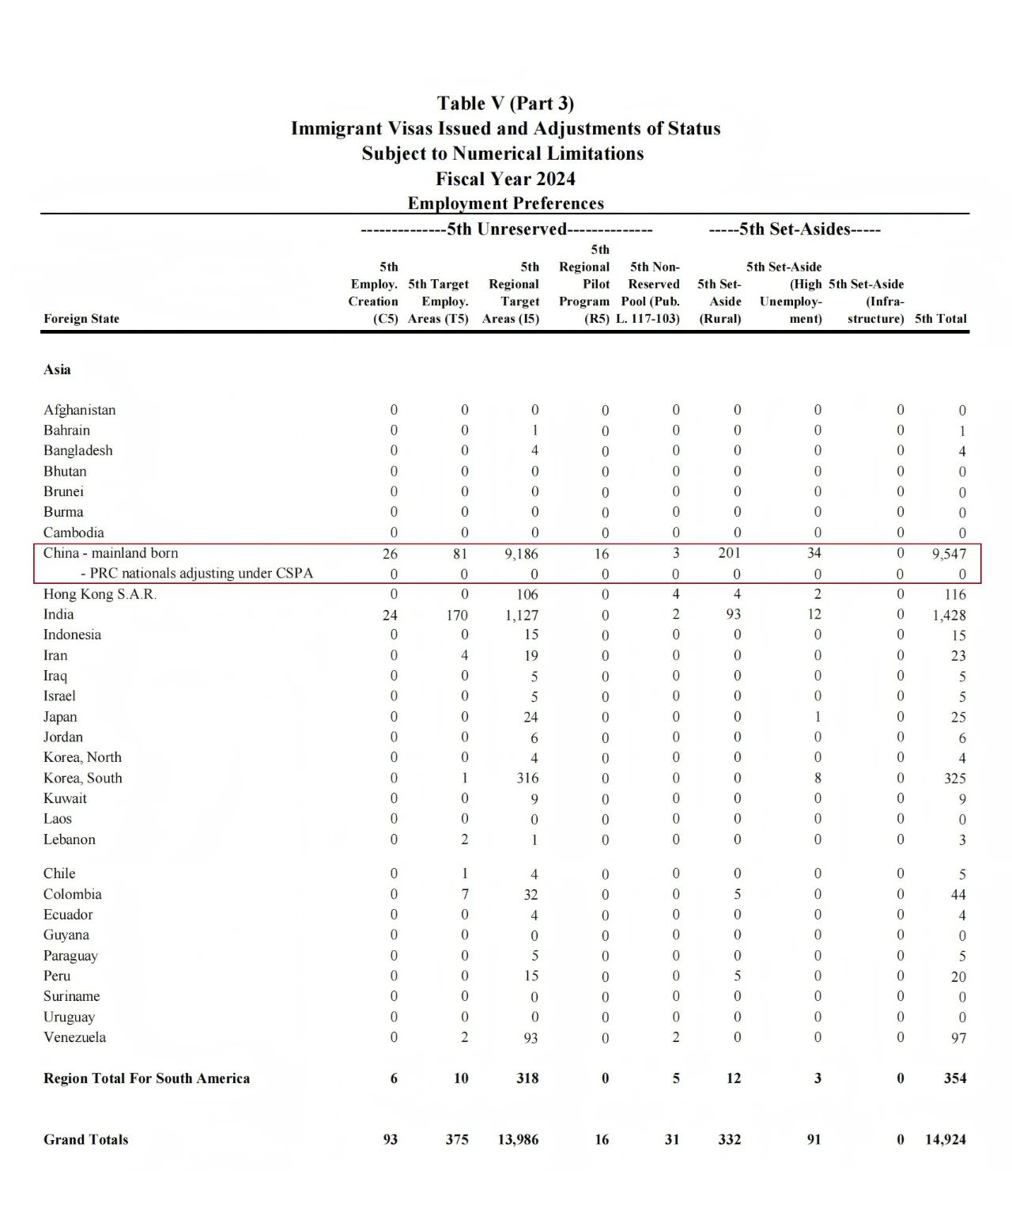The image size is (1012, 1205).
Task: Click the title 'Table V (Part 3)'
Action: (x=505, y=104)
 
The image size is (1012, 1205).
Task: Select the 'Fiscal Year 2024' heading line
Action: (x=505, y=179)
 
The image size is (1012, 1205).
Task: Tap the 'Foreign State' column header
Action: (x=81, y=319)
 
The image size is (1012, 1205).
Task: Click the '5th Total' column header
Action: (x=940, y=319)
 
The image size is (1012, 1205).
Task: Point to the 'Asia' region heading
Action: (x=57, y=369)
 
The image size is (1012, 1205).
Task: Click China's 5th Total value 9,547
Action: (x=949, y=554)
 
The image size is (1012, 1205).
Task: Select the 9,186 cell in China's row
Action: (x=522, y=554)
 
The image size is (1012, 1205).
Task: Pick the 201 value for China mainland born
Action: (x=729, y=553)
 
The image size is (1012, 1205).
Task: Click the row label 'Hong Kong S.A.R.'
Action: (x=100, y=594)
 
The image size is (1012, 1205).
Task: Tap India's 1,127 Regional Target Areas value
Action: (x=522, y=615)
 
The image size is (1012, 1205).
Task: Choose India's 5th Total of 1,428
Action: (x=949, y=615)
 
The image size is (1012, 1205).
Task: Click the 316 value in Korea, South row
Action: (x=527, y=778)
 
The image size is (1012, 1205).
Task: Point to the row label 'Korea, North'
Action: (x=82, y=757)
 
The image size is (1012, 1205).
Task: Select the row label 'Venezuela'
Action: (x=74, y=1037)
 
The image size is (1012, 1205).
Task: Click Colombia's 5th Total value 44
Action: (x=958, y=895)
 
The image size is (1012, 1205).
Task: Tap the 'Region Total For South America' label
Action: (x=146, y=1078)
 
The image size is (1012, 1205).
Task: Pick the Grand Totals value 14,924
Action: (x=946, y=1140)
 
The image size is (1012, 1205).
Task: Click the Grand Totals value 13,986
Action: (x=519, y=1140)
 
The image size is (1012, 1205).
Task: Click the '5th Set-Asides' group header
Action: (x=794, y=229)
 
